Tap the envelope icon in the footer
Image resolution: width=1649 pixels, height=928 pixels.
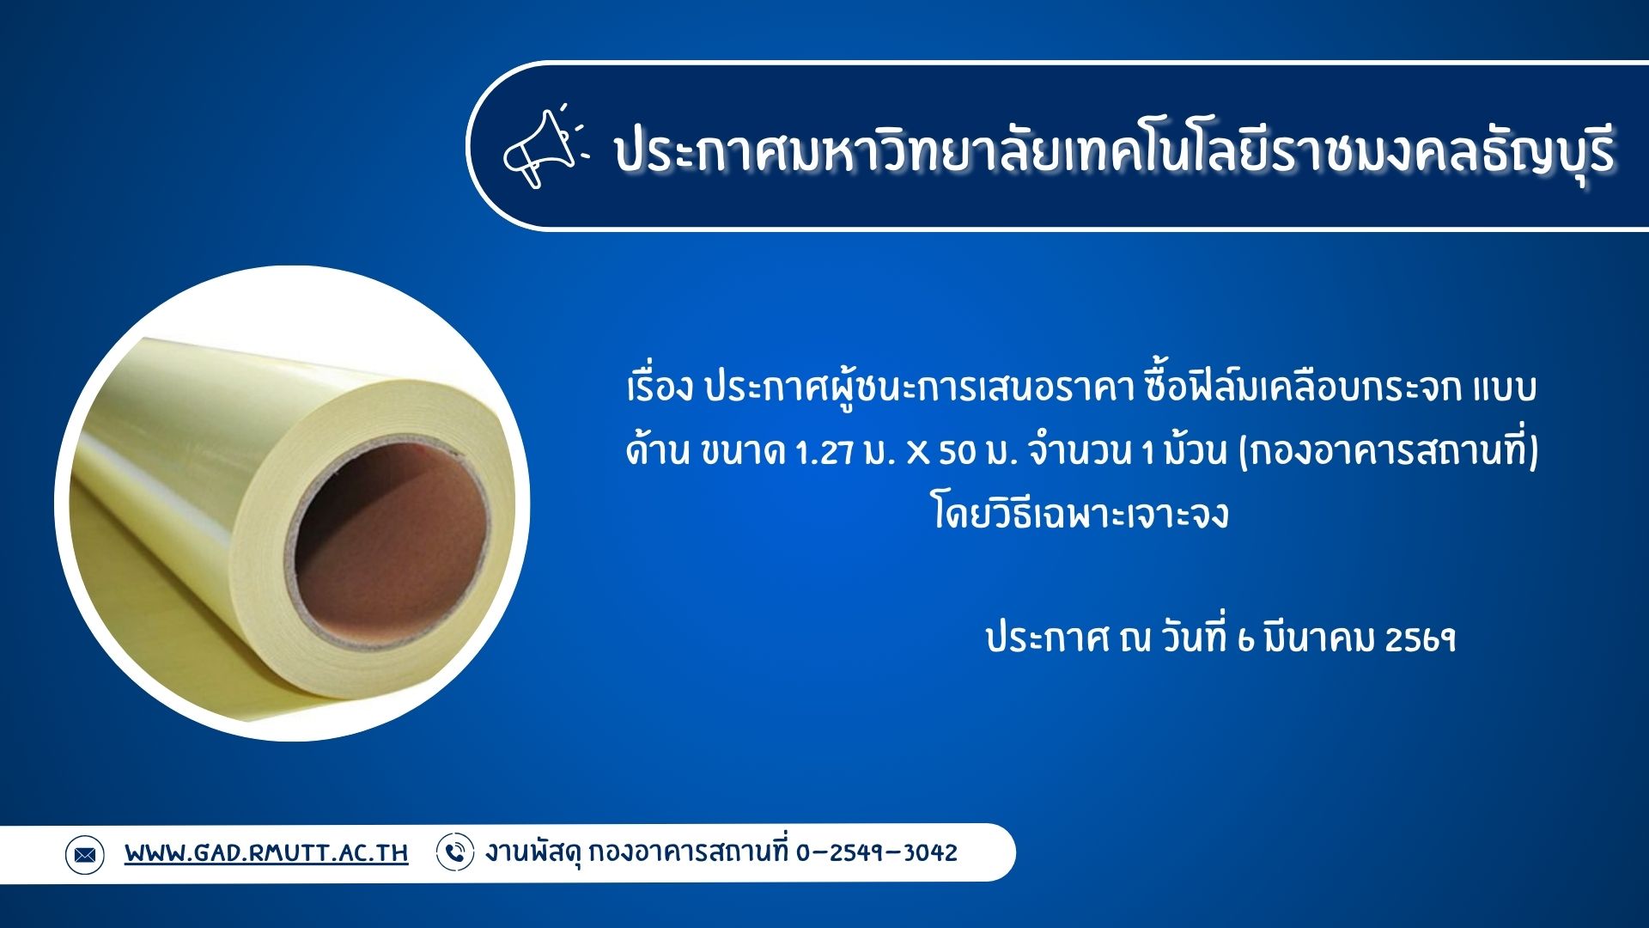[x=84, y=854]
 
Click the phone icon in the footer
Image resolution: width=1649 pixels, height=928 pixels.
[x=454, y=852]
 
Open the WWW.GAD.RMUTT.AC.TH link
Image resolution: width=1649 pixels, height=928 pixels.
[x=266, y=853]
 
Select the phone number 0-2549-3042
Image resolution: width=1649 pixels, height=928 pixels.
[x=876, y=853]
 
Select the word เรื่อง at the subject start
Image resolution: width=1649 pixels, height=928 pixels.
[x=660, y=388]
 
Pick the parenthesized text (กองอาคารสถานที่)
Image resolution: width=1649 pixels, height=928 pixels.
[x=1388, y=452]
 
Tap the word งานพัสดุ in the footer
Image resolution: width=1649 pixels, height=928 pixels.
[x=533, y=853]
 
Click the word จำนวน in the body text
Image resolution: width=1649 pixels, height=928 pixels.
[x=1080, y=452]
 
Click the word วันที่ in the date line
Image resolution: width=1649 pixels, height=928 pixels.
[x=1195, y=639]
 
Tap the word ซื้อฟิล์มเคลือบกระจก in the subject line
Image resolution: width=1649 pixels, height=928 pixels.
[x=1302, y=388]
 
